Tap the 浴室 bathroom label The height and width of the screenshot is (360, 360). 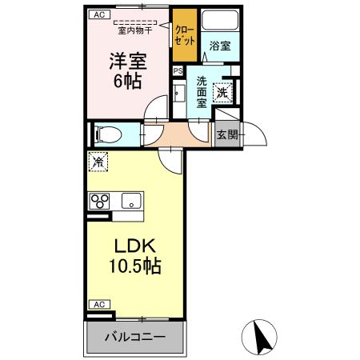[220, 46]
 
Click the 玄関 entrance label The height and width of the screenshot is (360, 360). [227, 134]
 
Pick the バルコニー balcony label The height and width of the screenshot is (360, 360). [134, 336]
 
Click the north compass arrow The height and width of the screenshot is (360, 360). [260, 336]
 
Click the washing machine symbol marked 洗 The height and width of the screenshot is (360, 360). [223, 93]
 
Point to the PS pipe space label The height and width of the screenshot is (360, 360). [178, 70]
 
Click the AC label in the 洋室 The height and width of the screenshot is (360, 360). [98, 14]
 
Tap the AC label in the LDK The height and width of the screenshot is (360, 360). [98, 305]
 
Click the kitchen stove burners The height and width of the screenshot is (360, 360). [100, 201]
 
